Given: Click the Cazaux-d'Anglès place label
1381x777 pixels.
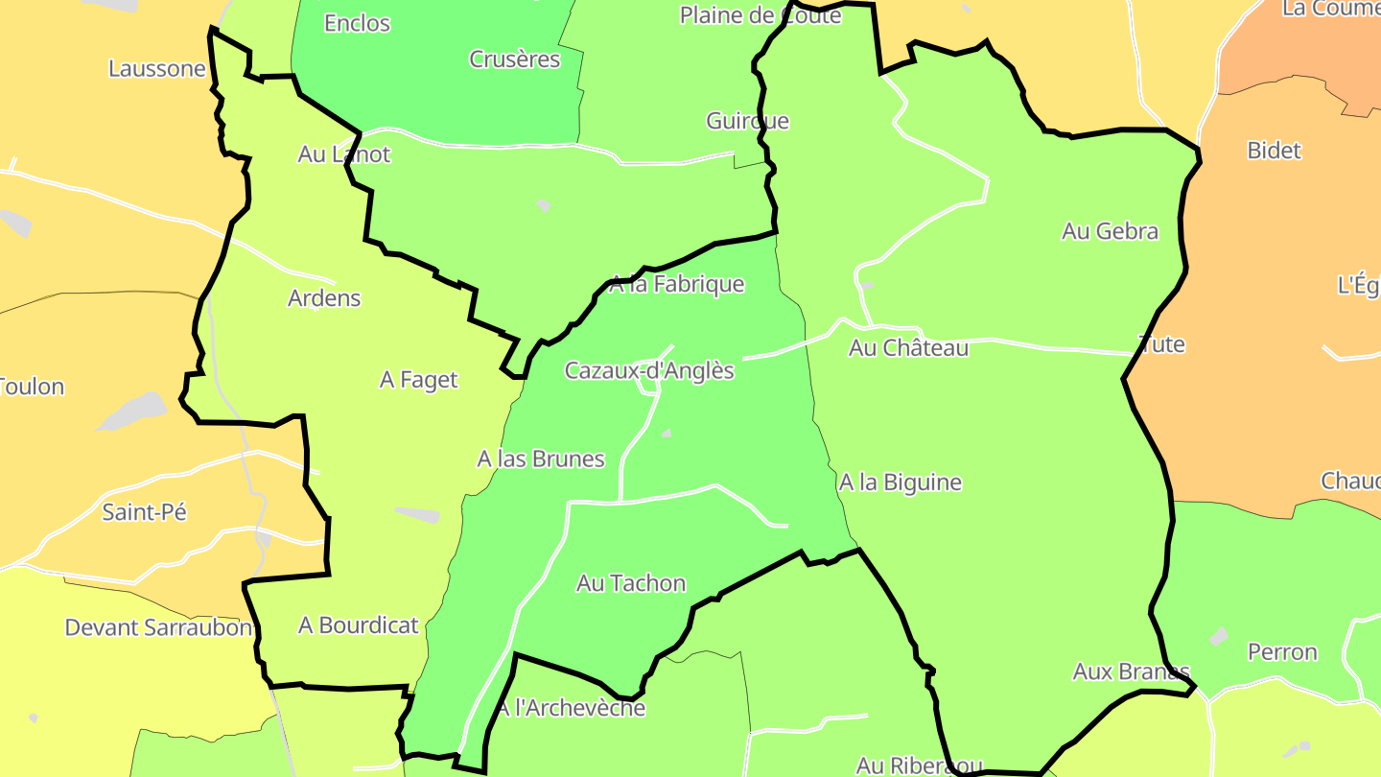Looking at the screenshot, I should (x=649, y=370).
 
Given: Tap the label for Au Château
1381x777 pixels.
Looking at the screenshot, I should (x=908, y=348).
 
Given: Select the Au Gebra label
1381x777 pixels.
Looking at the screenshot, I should (x=1110, y=231).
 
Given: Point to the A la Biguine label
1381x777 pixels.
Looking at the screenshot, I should (x=900, y=482).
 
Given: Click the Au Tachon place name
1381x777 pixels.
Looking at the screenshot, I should (x=631, y=583).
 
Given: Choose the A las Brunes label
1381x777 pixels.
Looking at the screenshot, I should (x=541, y=459).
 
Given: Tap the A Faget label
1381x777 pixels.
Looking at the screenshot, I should (x=419, y=380).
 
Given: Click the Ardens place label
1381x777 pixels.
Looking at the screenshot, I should (x=324, y=298).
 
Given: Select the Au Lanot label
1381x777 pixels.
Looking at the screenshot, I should (x=344, y=154).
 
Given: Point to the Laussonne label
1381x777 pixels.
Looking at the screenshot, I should (x=157, y=69).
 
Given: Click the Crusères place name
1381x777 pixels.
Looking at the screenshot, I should (x=514, y=59).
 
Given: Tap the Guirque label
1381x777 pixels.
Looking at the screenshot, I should (x=747, y=121).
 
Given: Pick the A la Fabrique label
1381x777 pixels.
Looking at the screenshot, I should (x=677, y=284).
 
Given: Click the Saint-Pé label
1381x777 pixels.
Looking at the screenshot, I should (x=145, y=512).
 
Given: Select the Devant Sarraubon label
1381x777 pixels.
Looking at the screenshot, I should (x=158, y=628).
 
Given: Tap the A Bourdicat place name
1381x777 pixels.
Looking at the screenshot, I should (x=359, y=625).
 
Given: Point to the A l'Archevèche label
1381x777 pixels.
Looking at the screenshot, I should (x=572, y=709).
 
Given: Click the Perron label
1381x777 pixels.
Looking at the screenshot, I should (x=1282, y=652).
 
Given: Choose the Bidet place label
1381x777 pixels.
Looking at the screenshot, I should (x=1274, y=151).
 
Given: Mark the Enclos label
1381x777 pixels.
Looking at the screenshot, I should (x=357, y=23).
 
